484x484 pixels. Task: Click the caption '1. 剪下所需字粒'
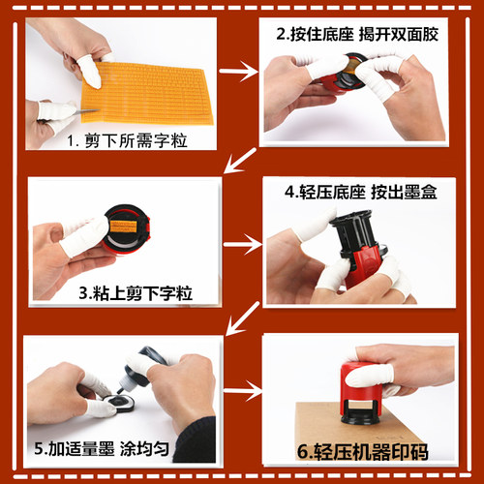coord(127,140)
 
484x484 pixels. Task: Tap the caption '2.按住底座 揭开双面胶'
coord(357,34)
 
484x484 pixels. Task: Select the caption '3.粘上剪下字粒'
coord(136,293)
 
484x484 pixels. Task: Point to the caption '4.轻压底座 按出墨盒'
coord(361,192)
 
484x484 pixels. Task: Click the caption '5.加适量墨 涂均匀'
coord(102,448)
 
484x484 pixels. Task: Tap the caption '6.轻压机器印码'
coord(363,451)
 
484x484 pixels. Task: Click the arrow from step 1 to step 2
coord(238,72)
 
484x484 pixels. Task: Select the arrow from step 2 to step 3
coord(240,161)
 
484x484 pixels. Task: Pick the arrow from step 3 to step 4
coord(243,244)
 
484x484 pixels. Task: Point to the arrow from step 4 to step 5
coord(243,318)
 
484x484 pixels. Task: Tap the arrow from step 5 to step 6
coord(243,391)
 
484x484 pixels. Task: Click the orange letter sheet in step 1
coord(147,94)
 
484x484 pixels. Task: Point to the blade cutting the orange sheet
coord(88,111)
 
